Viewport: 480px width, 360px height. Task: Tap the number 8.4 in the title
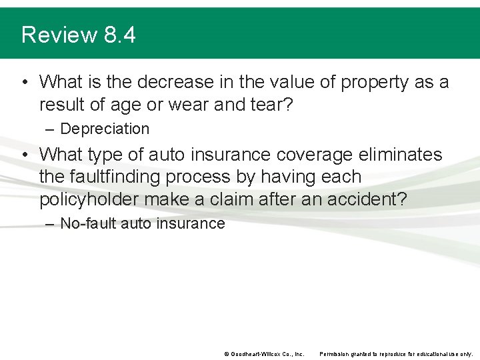pyautogui.click(x=120, y=35)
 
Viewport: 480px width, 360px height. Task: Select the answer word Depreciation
pyautogui.click(x=105, y=129)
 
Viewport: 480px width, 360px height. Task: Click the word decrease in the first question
pyautogui.click(x=171, y=82)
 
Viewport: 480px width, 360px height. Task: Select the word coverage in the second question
pyautogui.click(x=314, y=155)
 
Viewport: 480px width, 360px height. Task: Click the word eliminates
pyautogui.click(x=403, y=155)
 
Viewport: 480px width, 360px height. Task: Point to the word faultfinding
pyautogui.click(x=127, y=177)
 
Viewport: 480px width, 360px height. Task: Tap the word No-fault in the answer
pyautogui.click(x=87, y=223)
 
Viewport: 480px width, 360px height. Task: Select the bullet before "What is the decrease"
pyautogui.click(x=24, y=83)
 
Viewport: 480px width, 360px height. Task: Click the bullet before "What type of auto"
pyautogui.click(x=24, y=155)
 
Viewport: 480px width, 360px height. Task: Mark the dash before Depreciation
pyautogui.click(x=50, y=129)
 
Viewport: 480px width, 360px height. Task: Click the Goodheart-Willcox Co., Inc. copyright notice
pyautogui.click(x=264, y=354)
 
